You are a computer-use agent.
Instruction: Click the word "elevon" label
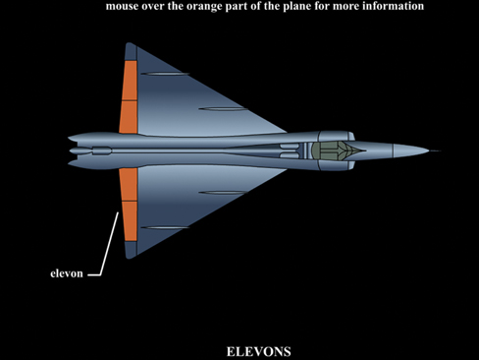click(67, 273)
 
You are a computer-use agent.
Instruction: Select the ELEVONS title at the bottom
click(258, 352)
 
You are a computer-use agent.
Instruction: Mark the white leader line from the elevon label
click(105, 244)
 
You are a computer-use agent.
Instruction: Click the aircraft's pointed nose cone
click(410, 150)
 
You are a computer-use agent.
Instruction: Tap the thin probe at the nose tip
click(435, 151)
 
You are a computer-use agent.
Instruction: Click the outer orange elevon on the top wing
click(130, 81)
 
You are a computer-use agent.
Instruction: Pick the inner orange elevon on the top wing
click(129, 117)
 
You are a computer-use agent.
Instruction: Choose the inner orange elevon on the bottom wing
click(129, 185)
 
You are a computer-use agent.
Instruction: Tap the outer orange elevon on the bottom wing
click(130, 221)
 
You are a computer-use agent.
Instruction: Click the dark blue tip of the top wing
click(131, 52)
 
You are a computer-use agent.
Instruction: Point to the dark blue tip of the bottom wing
click(131, 250)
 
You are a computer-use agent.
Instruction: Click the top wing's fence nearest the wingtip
click(166, 74)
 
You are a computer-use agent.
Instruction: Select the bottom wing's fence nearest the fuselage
click(223, 193)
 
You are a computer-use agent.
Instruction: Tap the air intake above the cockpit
click(337, 136)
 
